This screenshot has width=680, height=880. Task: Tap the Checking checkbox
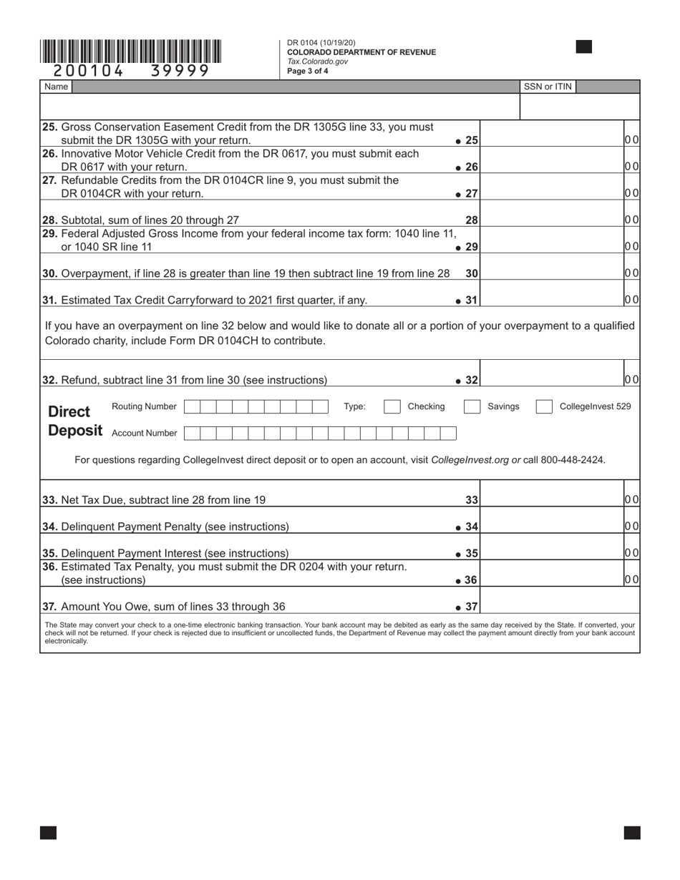392,406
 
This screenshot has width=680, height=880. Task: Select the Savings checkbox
472,406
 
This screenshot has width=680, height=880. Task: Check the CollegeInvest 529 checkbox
544,406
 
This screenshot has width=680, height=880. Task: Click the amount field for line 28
552,220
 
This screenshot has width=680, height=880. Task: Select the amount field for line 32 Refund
552,379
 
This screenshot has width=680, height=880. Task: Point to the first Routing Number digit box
192,406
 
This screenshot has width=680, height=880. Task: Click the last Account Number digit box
448,433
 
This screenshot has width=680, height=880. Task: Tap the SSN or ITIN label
548,87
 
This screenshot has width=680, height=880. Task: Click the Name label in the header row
56,87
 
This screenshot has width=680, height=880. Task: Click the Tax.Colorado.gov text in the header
317,62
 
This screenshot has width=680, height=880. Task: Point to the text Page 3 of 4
308,71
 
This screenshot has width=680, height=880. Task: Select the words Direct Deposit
74,421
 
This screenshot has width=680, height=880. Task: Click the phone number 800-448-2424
573,459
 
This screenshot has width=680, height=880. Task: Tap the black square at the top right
583,47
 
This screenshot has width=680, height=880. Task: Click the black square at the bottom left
48,832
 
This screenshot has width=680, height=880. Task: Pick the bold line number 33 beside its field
472,500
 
